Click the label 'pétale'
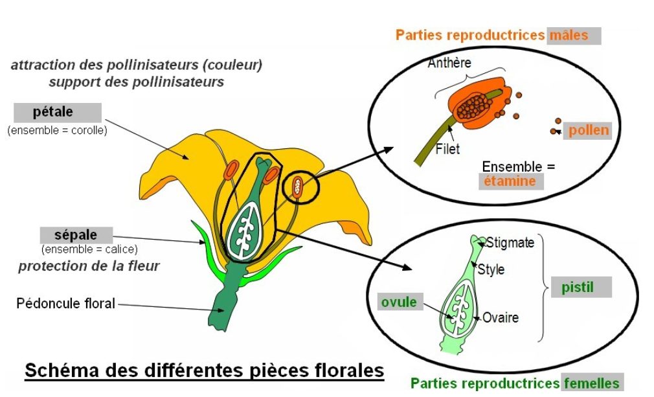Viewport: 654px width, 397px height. [x=53, y=112]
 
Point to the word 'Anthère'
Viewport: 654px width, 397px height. [x=449, y=63]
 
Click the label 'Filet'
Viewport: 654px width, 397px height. [x=448, y=149]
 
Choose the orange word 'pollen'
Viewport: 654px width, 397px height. [x=588, y=131]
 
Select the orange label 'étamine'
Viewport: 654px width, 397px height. [x=511, y=181]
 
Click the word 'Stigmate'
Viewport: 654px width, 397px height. [x=510, y=243]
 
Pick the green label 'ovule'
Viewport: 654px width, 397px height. [x=399, y=302]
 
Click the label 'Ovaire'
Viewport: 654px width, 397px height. [x=501, y=318]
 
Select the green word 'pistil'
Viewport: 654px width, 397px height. [x=578, y=286]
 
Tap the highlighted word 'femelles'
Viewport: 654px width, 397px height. [x=591, y=383]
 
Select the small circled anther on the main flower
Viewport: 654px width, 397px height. [x=297, y=187]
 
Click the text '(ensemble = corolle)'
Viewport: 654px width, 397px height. [x=57, y=130]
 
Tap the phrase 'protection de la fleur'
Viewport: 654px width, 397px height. [x=89, y=266]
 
